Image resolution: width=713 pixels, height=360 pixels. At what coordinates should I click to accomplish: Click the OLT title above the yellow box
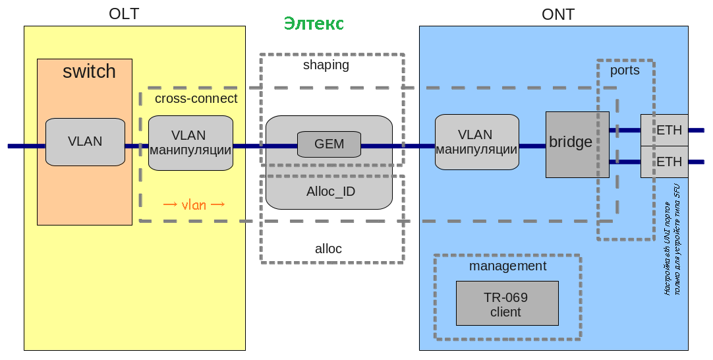124,14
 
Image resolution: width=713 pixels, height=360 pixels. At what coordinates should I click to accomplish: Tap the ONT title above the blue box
558,15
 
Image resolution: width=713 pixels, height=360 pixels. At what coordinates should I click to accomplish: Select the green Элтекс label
314,24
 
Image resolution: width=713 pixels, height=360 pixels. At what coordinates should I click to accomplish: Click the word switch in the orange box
89,71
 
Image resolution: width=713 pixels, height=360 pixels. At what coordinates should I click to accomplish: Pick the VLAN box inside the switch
85,141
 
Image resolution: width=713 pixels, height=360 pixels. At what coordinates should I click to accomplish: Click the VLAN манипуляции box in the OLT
190,143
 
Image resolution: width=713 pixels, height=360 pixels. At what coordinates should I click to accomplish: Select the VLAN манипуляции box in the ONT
476,142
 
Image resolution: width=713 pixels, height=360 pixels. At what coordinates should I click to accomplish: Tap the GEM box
329,144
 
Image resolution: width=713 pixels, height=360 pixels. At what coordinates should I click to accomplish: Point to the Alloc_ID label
331,192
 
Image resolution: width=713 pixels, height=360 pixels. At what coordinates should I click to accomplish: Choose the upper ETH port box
664,130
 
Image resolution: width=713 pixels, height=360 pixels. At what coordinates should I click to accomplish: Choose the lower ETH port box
664,162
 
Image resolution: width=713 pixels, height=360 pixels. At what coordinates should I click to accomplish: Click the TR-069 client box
507,303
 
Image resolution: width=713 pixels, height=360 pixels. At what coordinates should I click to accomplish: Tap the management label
507,266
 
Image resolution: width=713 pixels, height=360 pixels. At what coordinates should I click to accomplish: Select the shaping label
326,65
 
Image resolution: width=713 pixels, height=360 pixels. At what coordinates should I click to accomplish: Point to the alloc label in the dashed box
328,249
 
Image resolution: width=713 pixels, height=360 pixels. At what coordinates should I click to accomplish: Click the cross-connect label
196,98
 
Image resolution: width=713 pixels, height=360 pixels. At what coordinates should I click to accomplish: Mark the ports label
625,71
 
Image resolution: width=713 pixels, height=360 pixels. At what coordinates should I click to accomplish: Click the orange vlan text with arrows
194,204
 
